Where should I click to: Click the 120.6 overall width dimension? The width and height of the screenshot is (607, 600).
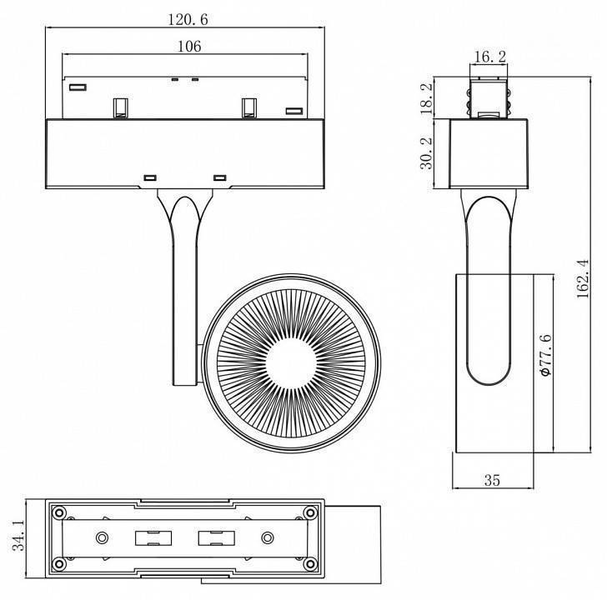[x=186, y=18]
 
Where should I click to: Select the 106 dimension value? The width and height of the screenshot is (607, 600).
[x=189, y=47]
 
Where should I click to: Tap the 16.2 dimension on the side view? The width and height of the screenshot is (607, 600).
[x=489, y=57]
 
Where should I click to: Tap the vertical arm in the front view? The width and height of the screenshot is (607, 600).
[x=183, y=300]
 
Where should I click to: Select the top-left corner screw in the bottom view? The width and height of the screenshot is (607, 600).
[x=59, y=512]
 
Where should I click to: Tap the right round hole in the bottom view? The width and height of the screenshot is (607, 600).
[x=268, y=537]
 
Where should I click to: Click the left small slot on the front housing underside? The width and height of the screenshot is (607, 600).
[x=151, y=177]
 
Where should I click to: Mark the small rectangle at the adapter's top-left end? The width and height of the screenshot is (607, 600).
[x=78, y=87]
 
